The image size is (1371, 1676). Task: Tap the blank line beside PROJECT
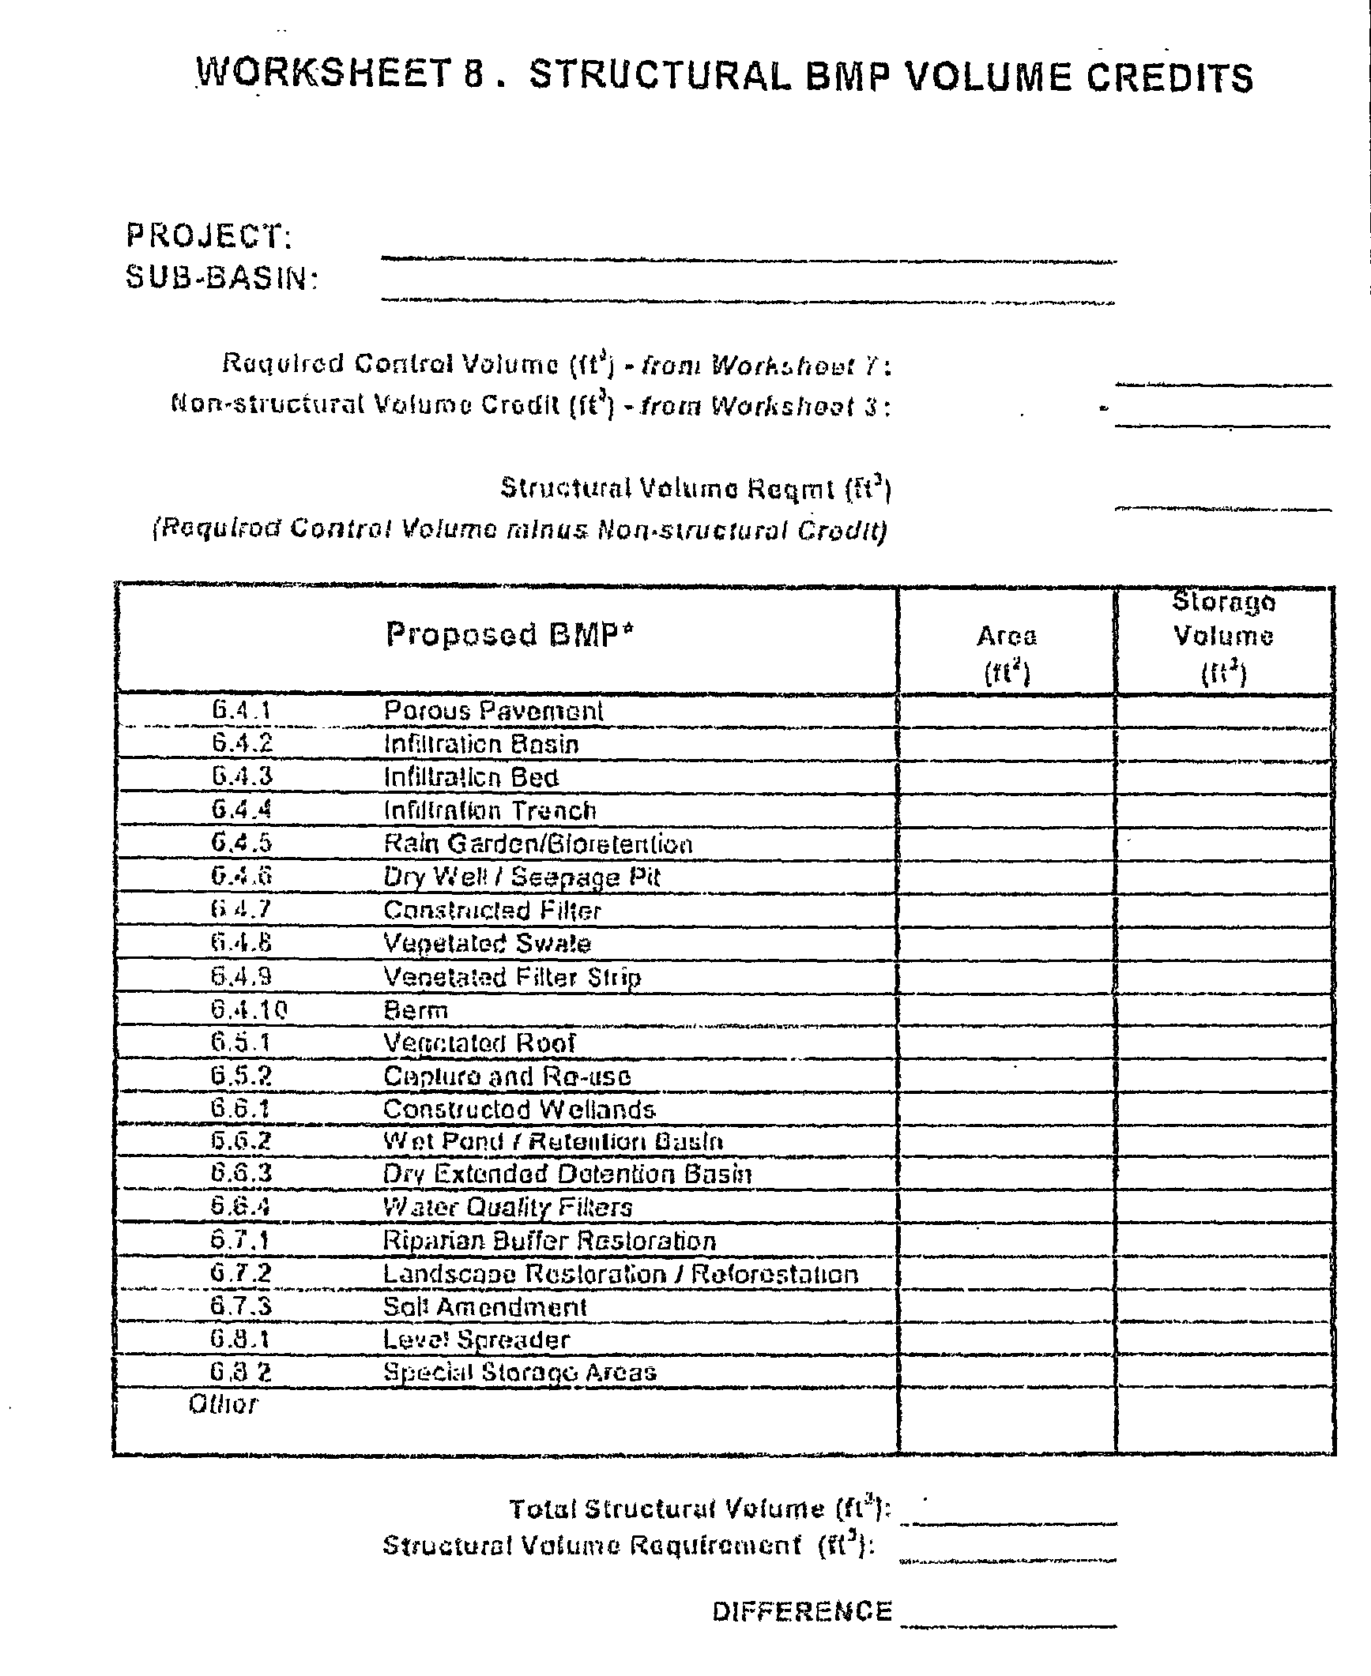click(x=748, y=254)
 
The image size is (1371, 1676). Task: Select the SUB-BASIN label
click(x=221, y=278)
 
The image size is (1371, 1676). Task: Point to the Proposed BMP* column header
click(x=510, y=635)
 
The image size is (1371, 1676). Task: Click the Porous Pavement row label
click(x=493, y=711)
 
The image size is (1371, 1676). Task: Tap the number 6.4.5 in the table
click(x=242, y=843)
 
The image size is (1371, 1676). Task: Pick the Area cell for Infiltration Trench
click(x=1007, y=811)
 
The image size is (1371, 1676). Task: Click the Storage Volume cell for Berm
click(x=1224, y=1010)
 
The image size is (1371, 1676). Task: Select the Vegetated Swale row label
click(x=487, y=943)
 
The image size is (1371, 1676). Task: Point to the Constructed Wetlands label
click(x=519, y=1109)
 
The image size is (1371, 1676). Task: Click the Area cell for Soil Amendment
click(x=1007, y=1306)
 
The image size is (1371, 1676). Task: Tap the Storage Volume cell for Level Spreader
click(x=1224, y=1340)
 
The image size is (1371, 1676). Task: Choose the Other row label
click(x=224, y=1404)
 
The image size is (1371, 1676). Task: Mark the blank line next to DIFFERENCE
click(x=1008, y=1617)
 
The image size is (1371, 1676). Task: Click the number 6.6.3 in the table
click(x=242, y=1173)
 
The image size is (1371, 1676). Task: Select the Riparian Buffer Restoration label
click(x=549, y=1240)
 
